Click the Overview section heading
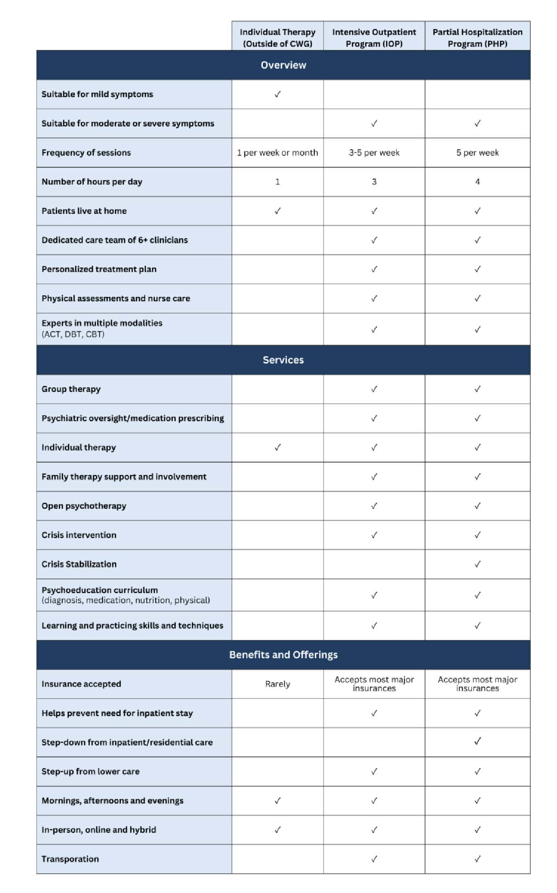(x=283, y=65)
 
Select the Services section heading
(x=283, y=360)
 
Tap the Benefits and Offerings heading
(x=283, y=655)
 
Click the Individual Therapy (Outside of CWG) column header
(x=277, y=38)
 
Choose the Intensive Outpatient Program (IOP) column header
(x=374, y=38)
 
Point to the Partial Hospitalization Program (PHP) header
(x=477, y=38)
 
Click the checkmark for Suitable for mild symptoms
(x=277, y=94)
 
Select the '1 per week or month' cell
(x=277, y=153)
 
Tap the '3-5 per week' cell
(x=374, y=153)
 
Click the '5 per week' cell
(x=477, y=153)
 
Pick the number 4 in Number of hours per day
(x=477, y=182)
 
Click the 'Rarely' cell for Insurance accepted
(x=277, y=684)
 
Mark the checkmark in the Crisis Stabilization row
(x=477, y=564)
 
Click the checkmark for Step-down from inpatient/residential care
(x=477, y=741)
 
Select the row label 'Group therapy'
(x=71, y=389)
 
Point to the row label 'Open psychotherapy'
(x=84, y=506)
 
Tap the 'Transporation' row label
(x=70, y=859)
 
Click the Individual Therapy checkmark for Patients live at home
(x=277, y=211)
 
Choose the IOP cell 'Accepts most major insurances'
(x=374, y=684)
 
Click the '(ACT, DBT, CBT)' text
(x=73, y=334)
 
